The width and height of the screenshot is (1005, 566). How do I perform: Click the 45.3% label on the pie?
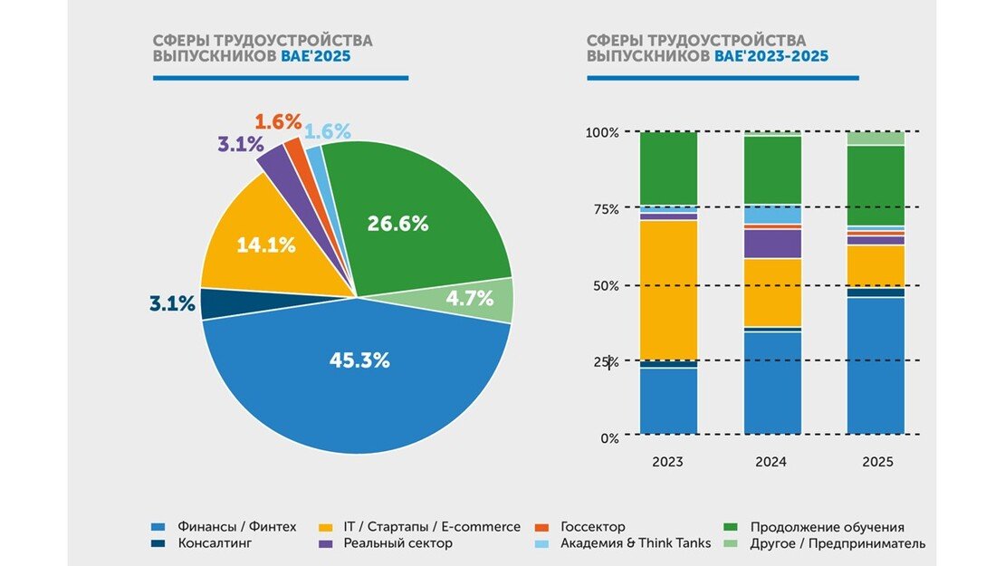pyautogui.click(x=359, y=360)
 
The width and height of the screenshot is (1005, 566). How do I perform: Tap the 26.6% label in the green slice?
pyautogui.click(x=397, y=224)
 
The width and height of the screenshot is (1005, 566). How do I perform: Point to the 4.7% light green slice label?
pyautogui.click(x=470, y=297)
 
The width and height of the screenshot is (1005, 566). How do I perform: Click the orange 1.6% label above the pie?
pyautogui.click(x=277, y=121)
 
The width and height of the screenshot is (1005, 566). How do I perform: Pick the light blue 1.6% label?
pyautogui.click(x=327, y=131)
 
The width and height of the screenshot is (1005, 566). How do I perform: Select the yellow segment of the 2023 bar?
pyautogui.click(x=668, y=290)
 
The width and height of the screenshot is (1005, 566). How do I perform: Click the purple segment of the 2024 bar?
pyautogui.click(x=772, y=244)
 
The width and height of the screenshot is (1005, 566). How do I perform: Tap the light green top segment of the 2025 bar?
pyautogui.click(x=876, y=139)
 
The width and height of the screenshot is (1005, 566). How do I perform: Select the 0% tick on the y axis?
pyautogui.click(x=609, y=438)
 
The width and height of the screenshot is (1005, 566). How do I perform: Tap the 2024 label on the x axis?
pyautogui.click(x=771, y=462)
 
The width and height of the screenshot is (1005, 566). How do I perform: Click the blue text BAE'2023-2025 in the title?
pyautogui.click(x=770, y=56)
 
